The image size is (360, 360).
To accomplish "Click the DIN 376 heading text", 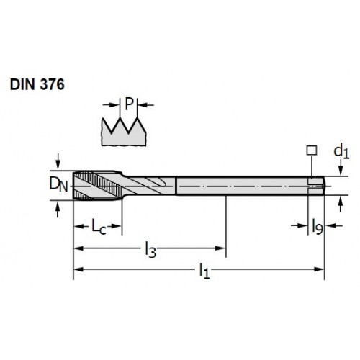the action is coord(37,84).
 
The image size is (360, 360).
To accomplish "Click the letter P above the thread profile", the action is coord(129,104).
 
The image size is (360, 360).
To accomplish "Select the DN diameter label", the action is coord(58,185).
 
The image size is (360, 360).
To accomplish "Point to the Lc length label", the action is coord(99,226).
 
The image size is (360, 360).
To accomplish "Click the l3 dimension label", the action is coord(150,250).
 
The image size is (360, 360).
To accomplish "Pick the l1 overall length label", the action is coord(204,271).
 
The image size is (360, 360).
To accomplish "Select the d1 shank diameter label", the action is coord(341,152).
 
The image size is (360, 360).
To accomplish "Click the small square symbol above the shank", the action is coord(312,150).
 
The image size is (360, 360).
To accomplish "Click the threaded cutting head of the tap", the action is coord(97,185).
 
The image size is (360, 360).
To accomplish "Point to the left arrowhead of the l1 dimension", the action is coord(78,269).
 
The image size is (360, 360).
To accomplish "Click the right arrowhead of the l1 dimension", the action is coord(319,269).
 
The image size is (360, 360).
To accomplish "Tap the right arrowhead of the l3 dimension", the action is coord(220,248).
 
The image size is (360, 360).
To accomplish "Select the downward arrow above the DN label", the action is coord(58,161).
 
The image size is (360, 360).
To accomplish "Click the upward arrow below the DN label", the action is coord(58,210).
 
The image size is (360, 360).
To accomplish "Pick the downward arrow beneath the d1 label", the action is coord(341,168).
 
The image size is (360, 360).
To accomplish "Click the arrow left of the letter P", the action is coord(111,105).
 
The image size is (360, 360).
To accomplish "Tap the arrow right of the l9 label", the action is coord(333,225).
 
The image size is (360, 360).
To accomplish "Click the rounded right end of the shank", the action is coord(323,186).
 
